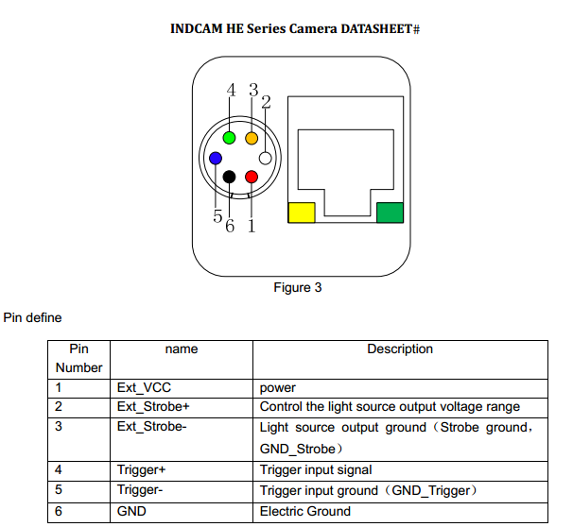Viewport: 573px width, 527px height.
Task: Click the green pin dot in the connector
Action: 230,139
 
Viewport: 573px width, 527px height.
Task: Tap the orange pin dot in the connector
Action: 252,139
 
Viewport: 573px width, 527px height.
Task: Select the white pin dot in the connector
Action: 266,159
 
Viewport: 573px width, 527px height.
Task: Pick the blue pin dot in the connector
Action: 217,159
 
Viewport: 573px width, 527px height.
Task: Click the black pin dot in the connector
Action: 230,177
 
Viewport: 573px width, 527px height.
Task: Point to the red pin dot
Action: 252,177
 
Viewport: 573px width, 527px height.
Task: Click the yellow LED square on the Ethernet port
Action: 301,212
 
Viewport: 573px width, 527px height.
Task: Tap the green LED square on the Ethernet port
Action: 390,212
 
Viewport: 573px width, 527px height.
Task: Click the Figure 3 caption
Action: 298,287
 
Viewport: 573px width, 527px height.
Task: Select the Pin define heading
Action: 33,318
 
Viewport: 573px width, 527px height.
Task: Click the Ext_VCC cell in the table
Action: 144,387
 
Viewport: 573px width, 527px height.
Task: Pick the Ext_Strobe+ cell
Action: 154,407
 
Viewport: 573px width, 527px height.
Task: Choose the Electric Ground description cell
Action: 305,511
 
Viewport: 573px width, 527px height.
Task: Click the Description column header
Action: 400,349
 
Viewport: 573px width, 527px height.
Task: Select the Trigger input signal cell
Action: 315,469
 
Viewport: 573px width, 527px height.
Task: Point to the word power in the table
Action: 278,387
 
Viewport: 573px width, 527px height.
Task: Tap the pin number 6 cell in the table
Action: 59,511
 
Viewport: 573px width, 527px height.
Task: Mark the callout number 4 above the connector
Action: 232,91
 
